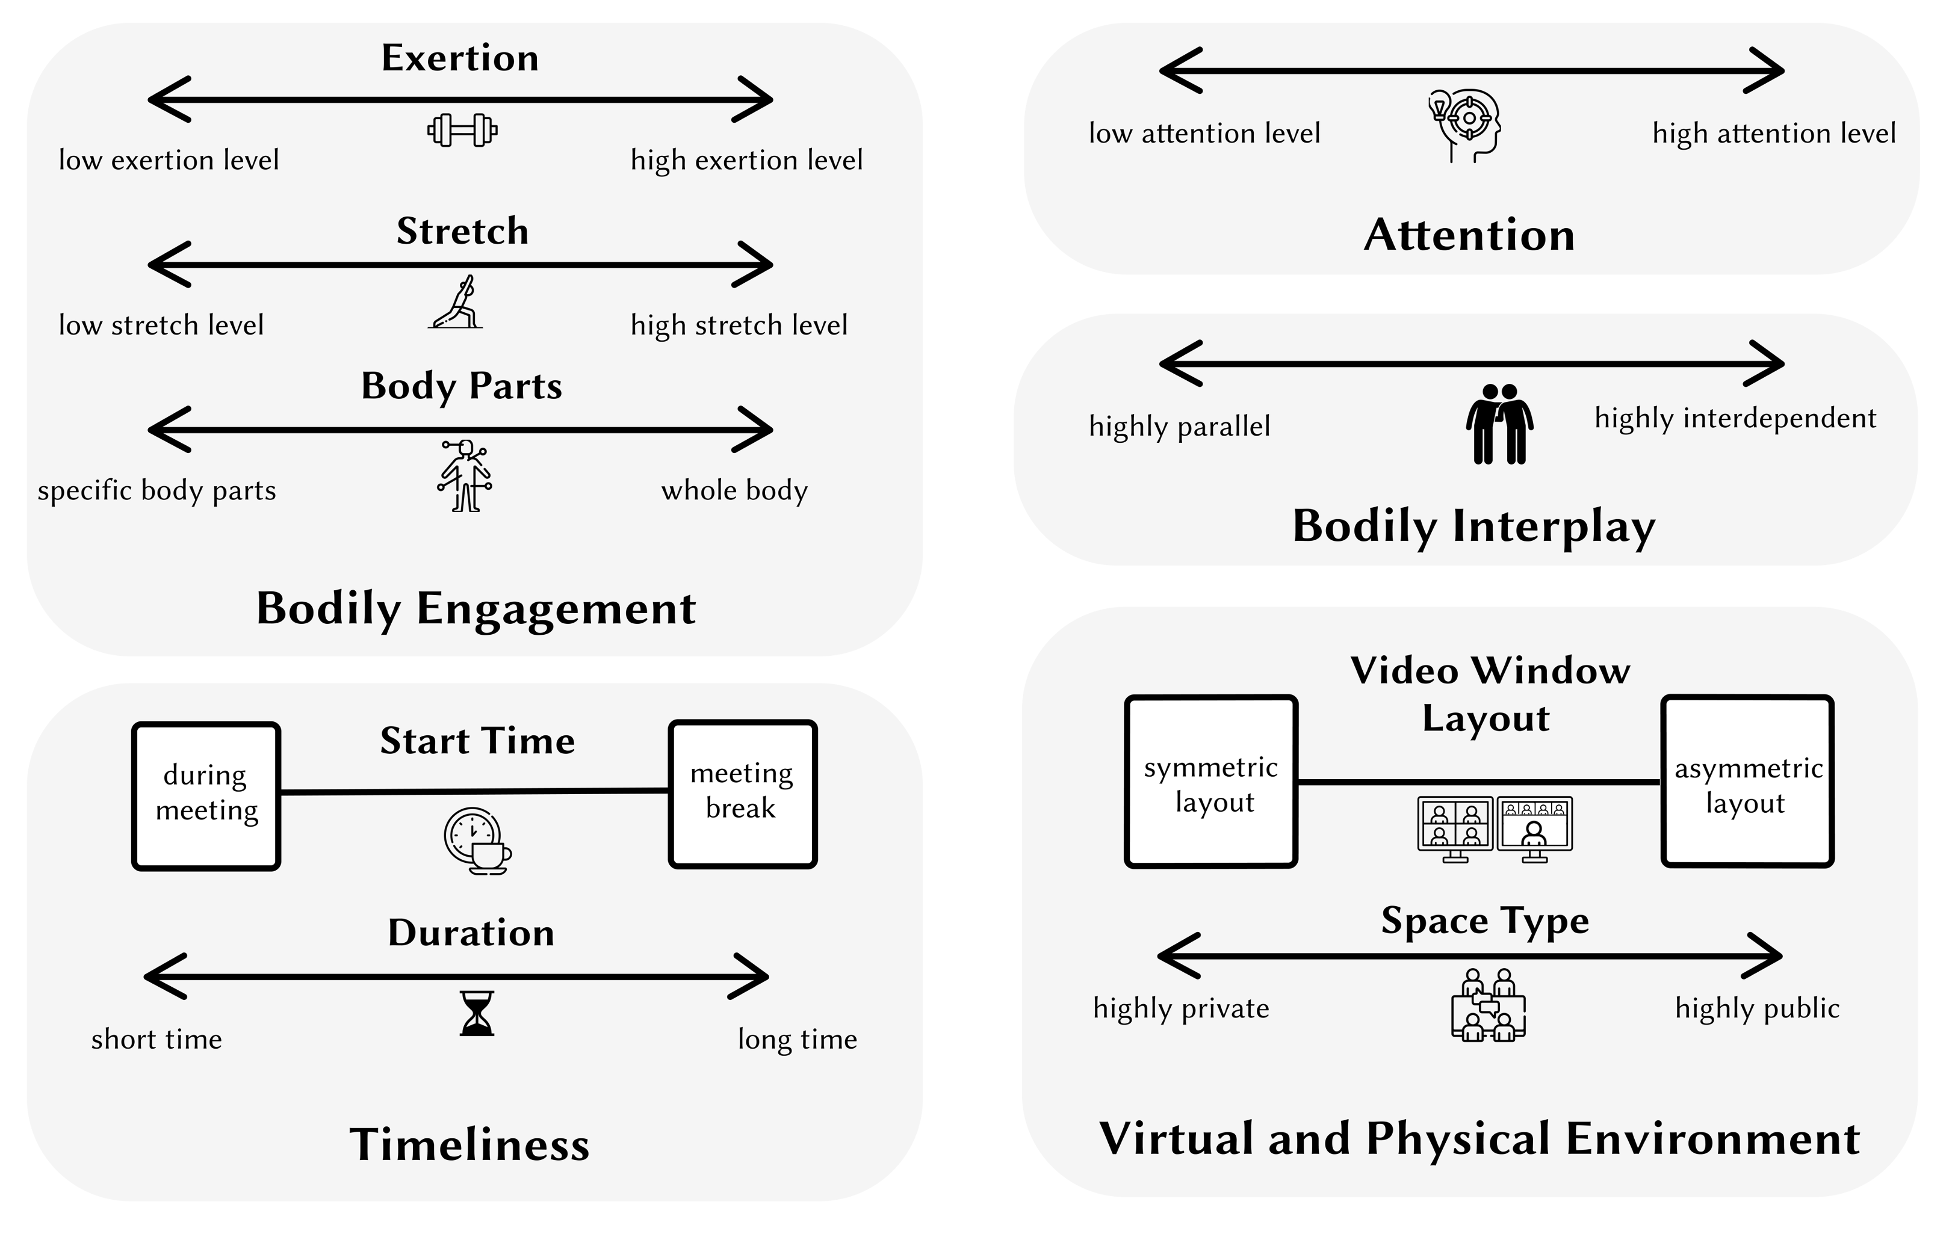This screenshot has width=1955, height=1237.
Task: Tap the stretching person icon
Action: point(456,303)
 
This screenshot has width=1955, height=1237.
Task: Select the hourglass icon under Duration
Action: point(477,1013)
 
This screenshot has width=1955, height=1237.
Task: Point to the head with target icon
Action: point(1466,126)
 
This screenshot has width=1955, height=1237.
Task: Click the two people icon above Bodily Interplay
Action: point(1499,424)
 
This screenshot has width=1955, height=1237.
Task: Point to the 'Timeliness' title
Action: point(470,1144)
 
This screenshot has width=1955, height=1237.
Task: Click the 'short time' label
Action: point(156,1039)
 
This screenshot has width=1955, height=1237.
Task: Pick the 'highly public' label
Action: point(1758,1008)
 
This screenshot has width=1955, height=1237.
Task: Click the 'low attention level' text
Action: point(1205,133)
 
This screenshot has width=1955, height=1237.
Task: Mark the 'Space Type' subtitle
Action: point(1486,921)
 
